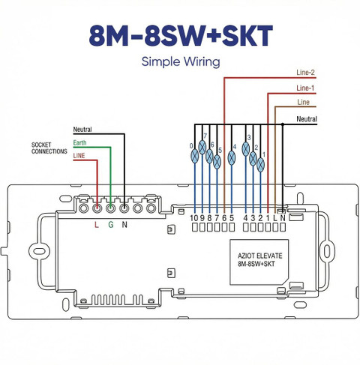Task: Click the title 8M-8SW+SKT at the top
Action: coord(181,35)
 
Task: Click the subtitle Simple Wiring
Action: coord(181,61)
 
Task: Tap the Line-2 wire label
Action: coord(305,73)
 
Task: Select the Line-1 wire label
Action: coord(305,88)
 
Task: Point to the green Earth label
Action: coord(79,142)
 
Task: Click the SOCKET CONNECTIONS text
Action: coord(49,148)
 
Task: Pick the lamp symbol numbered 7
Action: coord(202,148)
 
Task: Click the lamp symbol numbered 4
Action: coord(232,158)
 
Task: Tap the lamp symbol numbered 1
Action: coord(260,165)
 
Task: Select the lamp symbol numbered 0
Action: coord(194,156)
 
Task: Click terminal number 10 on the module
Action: coord(193,218)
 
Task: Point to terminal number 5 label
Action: coord(232,218)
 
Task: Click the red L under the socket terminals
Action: coord(97,225)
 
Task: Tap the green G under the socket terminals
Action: coord(111,225)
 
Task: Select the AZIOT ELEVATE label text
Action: coord(260,256)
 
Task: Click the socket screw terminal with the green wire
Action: coord(110,208)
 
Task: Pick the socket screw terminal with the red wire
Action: coord(97,208)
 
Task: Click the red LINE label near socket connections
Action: coord(79,156)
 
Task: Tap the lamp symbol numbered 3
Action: coord(246,149)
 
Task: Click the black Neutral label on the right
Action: coord(307,119)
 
